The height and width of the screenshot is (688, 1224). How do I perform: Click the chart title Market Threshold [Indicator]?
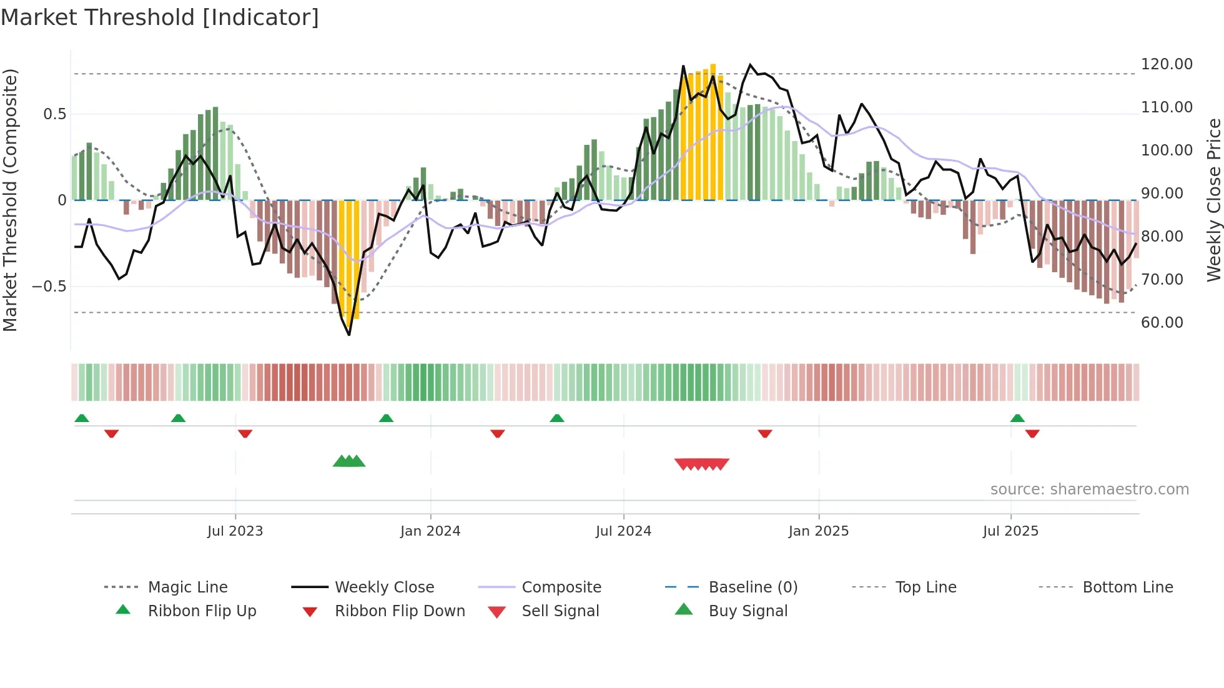160,17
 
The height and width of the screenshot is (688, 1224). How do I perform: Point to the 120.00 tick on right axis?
1167,64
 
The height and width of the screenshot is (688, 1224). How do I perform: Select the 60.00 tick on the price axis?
1162,323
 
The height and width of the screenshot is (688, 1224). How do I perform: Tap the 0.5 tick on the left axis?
54,114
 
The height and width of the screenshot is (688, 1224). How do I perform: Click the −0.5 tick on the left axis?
49,287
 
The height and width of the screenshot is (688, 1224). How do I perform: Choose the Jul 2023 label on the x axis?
235,531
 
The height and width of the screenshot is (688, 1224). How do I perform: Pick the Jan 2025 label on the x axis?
819,531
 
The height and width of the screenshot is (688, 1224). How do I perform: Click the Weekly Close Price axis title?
1213,200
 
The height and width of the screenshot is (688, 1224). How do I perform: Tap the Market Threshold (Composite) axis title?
10,200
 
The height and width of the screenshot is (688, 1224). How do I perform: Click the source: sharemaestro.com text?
1089,489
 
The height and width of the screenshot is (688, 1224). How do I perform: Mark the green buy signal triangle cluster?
349,462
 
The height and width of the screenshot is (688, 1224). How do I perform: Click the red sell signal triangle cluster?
702,464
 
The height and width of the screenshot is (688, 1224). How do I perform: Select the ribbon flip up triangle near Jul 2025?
1017,418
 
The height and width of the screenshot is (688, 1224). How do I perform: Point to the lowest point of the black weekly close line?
349,335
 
